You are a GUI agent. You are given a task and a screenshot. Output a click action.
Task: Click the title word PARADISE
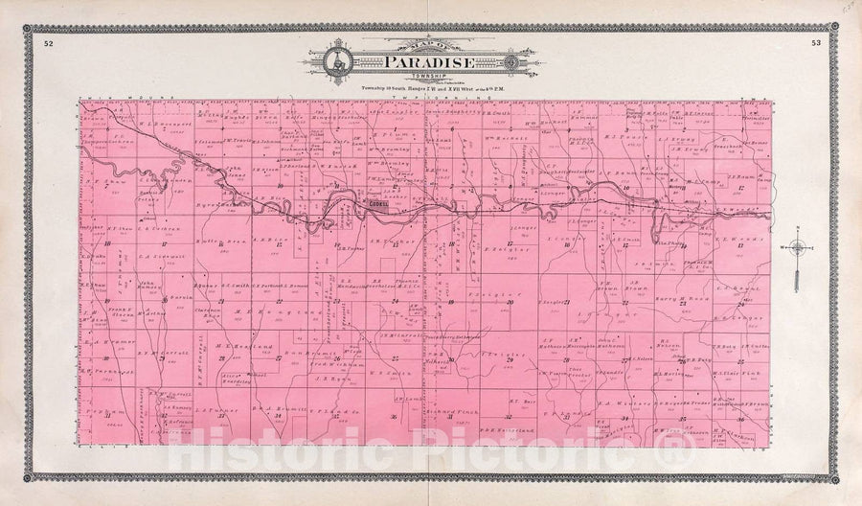429,63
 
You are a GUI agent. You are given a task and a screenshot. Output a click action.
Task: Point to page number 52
48,42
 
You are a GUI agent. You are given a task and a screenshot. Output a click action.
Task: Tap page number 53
814,42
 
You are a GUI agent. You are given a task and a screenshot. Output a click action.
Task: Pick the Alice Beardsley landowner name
236,378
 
